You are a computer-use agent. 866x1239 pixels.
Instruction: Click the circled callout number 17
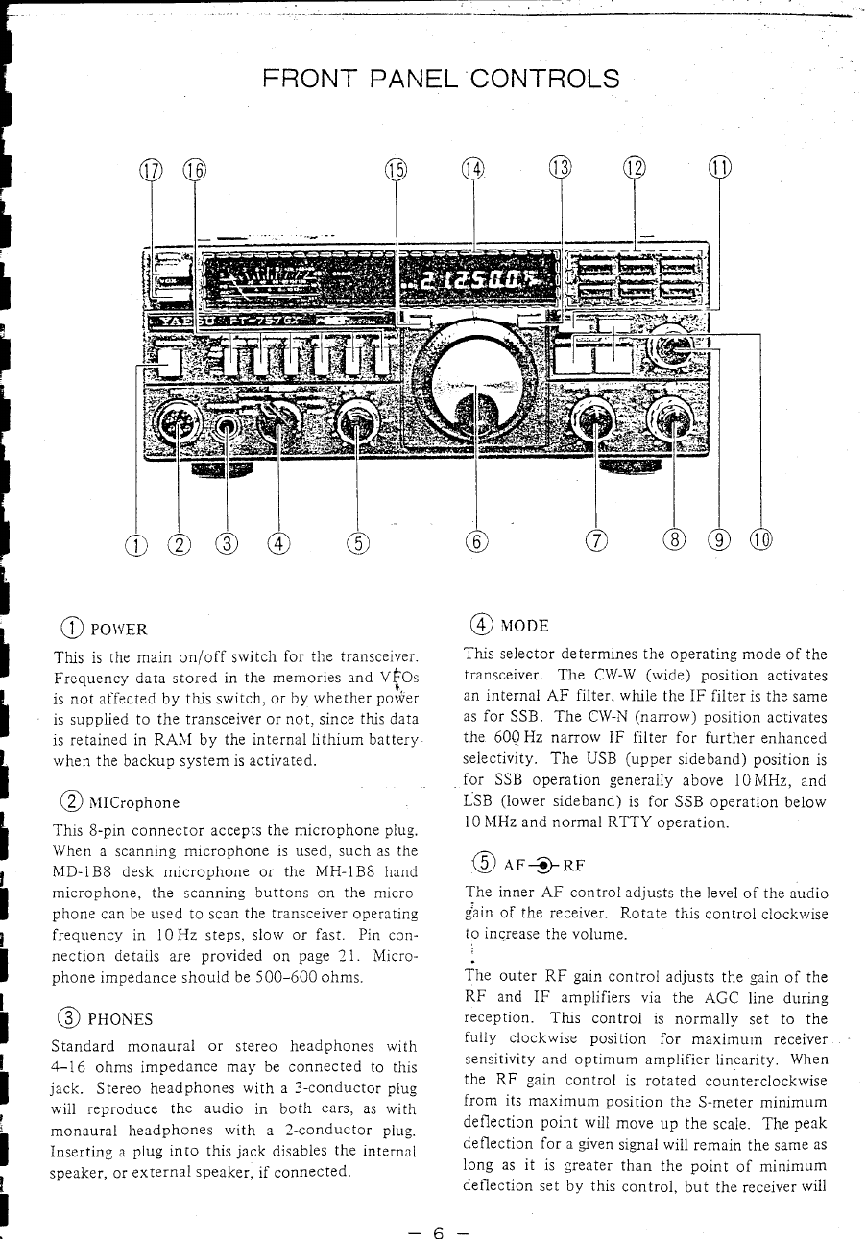pos(152,172)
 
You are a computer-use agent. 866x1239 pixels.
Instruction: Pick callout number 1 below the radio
pos(136,545)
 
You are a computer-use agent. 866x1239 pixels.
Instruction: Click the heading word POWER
pos(120,630)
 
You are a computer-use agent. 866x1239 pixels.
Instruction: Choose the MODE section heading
pos(524,627)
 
